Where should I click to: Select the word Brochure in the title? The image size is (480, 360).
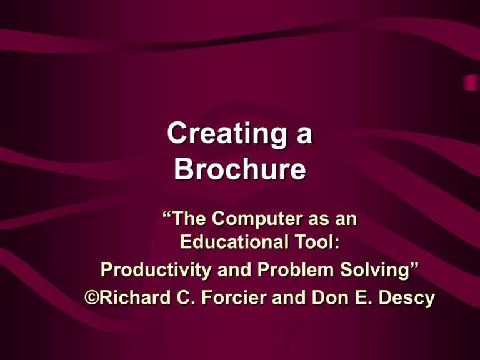pos(240,170)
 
